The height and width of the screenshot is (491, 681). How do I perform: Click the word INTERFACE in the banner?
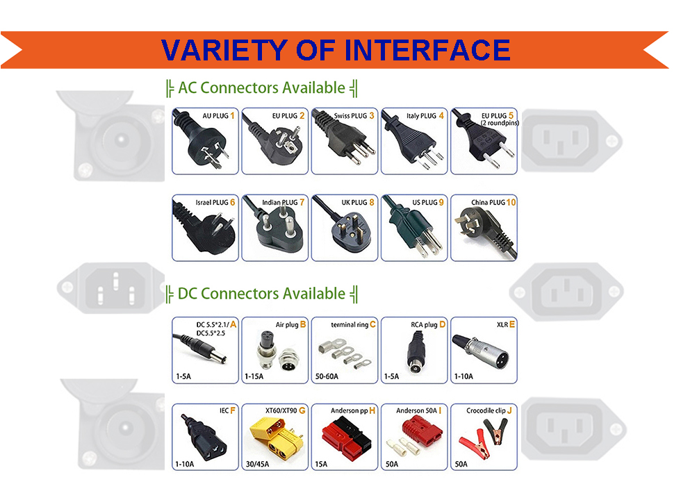[427, 50]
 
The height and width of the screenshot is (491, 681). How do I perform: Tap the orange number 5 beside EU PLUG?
[511, 115]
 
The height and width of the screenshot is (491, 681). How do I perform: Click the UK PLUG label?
[354, 203]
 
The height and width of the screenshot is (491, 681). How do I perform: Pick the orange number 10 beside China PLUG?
[511, 203]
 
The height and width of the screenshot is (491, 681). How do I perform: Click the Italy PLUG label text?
[421, 116]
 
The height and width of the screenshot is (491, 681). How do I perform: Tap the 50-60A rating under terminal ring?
[327, 376]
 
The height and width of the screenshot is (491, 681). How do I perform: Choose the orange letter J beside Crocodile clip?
[509, 410]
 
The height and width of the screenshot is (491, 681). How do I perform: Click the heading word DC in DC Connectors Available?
[188, 294]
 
